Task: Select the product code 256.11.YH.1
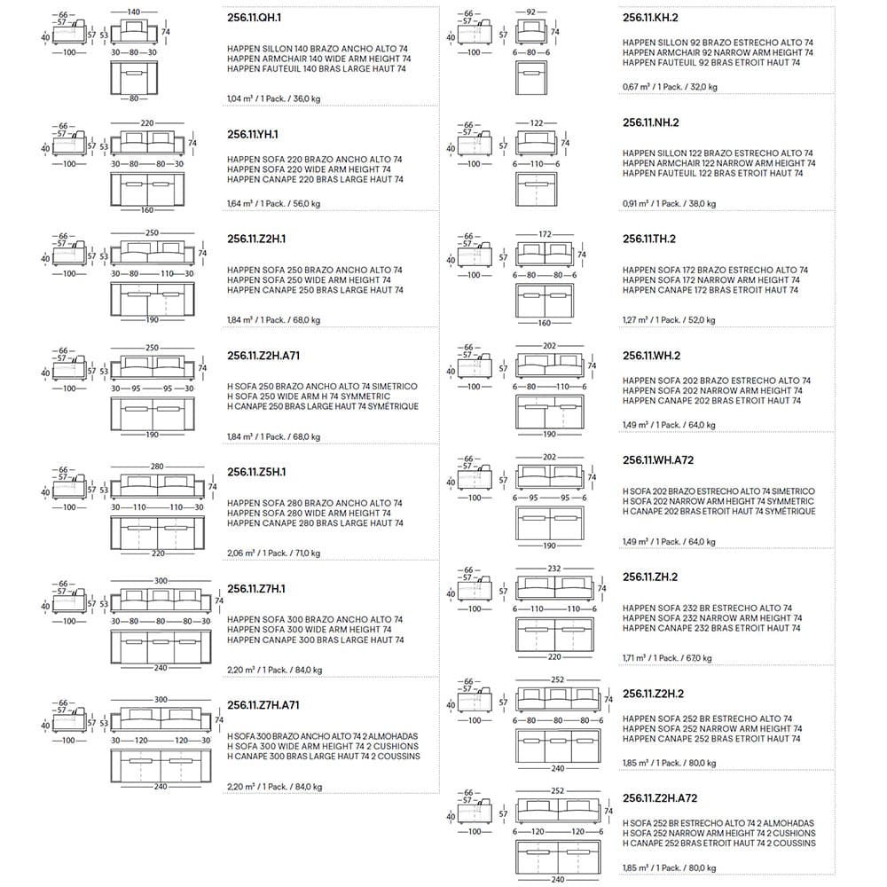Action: point(253,134)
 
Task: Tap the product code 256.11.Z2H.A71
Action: point(263,357)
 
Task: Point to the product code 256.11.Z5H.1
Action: point(255,472)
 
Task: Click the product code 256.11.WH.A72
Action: point(658,461)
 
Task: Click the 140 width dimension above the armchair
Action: point(134,12)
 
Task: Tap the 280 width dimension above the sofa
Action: point(158,466)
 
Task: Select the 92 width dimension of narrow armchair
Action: point(531,12)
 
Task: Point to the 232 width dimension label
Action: point(553,569)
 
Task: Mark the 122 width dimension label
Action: point(538,122)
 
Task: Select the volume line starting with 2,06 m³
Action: point(273,553)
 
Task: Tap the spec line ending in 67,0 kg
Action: point(667,658)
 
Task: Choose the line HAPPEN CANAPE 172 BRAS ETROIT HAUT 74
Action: point(711,290)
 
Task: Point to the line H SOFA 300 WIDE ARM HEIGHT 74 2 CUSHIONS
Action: point(323,746)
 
